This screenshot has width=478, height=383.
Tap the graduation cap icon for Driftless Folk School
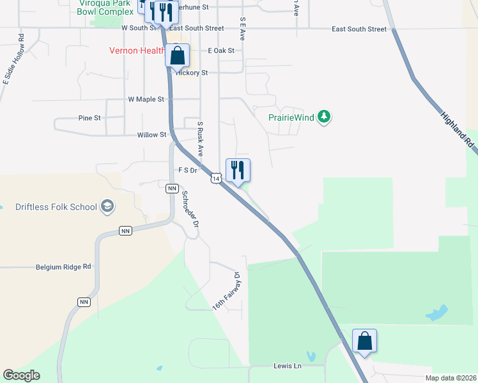[107, 207]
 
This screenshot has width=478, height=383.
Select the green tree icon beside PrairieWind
[325, 117]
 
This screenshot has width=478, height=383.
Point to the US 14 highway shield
[217, 179]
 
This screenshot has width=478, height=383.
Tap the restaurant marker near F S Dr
[238, 170]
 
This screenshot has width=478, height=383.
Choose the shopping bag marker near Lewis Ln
[364, 341]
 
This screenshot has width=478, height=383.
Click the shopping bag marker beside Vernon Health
[178, 56]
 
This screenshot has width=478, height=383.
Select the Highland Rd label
[458, 130]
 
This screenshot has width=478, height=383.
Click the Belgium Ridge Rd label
[64, 267]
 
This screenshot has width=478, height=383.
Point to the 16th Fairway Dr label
[227, 292]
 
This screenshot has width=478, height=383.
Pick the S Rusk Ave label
[200, 139]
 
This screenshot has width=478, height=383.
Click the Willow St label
[151, 135]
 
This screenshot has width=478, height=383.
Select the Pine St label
[89, 118]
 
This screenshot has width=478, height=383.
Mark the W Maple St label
[146, 100]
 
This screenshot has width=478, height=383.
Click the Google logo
[21, 375]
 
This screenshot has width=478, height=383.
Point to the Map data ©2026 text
[450, 378]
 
